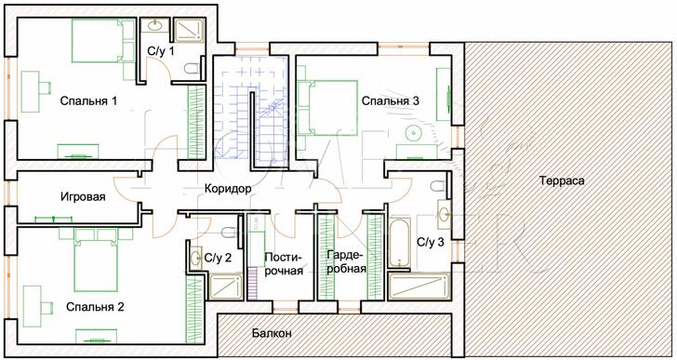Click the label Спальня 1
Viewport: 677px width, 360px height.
[x=88, y=101]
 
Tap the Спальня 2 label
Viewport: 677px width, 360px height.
[x=95, y=307]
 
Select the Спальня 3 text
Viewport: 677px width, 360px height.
[x=391, y=101]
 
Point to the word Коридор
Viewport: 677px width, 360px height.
[x=228, y=189]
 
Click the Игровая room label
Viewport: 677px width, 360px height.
[x=83, y=197]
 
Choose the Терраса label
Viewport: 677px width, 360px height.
[x=562, y=180]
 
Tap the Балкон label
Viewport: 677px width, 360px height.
[x=272, y=333]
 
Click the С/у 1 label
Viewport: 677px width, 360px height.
[x=161, y=51]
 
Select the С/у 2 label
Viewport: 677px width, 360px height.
[x=218, y=258]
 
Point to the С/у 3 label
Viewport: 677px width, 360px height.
[x=430, y=242]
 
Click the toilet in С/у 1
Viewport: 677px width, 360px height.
[x=192, y=69]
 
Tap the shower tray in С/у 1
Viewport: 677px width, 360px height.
[x=188, y=30]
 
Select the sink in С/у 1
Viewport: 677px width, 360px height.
[x=153, y=25]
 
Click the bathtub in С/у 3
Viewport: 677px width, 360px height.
[x=398, y=243]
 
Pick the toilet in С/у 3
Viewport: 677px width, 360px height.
[x=438, y=186]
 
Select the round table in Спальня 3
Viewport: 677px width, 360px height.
[x=413, y=133]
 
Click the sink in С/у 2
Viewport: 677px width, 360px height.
[x=196, y=258]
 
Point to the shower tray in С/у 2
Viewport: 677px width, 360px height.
[x=224, y=287]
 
